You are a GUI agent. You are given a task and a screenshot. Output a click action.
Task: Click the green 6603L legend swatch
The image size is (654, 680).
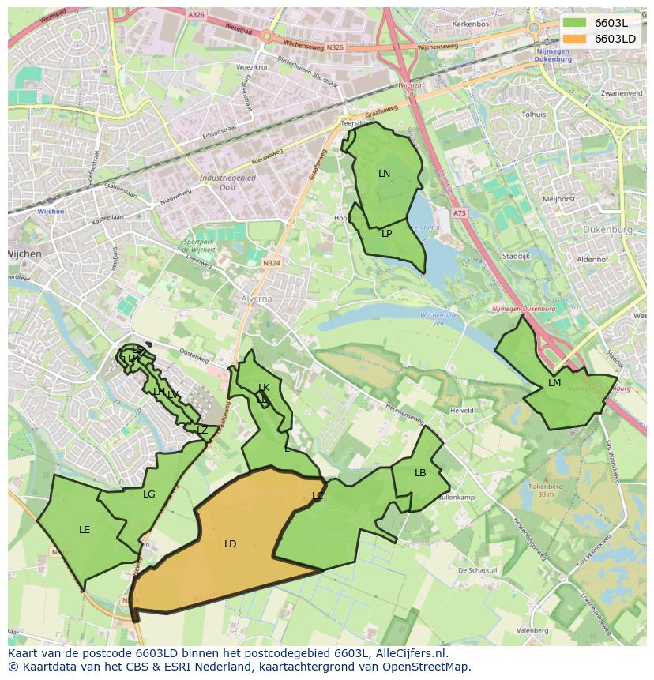coord(575,23)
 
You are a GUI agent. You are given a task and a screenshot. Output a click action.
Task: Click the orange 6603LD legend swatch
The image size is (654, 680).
coord(575,39)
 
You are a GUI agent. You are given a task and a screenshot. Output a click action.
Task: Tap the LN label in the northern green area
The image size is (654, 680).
coord(384,174)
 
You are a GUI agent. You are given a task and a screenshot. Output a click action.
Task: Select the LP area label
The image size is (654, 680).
coord(386,234)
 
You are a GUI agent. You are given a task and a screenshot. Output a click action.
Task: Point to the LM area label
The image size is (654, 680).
coord(554,383)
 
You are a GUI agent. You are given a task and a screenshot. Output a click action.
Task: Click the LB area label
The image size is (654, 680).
coord(420,473)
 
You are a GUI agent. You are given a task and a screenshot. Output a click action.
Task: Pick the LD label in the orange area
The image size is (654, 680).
coord(230,544)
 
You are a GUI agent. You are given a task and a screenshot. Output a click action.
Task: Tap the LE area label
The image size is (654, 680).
coord(85,530)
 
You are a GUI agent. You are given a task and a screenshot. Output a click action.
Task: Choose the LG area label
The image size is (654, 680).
coord(149,494)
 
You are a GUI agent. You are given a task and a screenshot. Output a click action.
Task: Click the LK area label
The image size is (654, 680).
coord(264,388)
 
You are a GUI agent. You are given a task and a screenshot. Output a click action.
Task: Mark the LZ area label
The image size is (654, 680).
coord(202,430)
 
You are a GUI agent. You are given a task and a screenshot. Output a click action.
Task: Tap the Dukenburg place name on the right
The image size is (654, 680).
coord(608,230)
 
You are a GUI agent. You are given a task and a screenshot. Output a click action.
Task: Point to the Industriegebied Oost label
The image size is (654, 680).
coord(227,182)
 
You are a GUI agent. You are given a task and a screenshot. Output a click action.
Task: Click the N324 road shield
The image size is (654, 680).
coord(272,263)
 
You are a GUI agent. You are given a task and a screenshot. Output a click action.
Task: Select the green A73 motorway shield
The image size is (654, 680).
coord(460,213)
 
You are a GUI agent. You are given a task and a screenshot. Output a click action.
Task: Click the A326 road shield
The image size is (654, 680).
coord(196,14)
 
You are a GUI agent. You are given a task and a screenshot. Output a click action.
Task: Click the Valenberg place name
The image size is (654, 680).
coord(532,631)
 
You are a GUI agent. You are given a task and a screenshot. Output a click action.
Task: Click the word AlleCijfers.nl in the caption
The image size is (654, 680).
coord(410,654)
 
